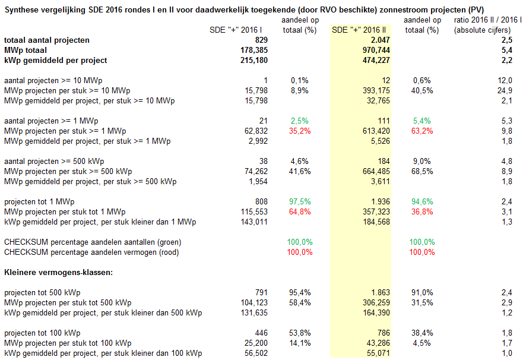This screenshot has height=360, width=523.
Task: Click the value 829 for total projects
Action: point(261,40)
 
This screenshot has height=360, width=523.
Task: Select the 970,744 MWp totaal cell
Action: point(376,50)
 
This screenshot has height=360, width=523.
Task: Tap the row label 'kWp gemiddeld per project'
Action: point(55,61)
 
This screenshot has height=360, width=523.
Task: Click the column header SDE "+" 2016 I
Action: point(236,30)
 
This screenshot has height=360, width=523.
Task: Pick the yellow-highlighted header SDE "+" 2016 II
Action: point(359,30)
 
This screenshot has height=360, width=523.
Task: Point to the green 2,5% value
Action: point(300,121)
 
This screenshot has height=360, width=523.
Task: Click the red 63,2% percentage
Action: point(422,131)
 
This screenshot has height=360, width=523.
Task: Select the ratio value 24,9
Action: point(505,90)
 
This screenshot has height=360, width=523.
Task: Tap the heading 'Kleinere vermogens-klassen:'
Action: point(58,272)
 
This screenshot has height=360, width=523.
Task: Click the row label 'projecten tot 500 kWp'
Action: point(42,293)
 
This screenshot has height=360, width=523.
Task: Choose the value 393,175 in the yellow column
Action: point(376,90)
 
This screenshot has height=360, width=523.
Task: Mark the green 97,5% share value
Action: point(300,201)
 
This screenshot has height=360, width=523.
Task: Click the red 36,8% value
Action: point(422,211)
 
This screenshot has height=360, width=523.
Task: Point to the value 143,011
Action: point(254,222)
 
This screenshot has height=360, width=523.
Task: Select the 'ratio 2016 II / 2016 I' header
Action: point(487,20)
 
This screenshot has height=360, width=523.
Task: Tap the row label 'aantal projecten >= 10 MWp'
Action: point(53,80)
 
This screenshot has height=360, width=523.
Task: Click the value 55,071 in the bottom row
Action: point(378,353)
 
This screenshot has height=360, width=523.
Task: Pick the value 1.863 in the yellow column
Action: point(381,293)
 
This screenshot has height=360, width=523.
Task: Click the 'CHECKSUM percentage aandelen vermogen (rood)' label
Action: point(91,252)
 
